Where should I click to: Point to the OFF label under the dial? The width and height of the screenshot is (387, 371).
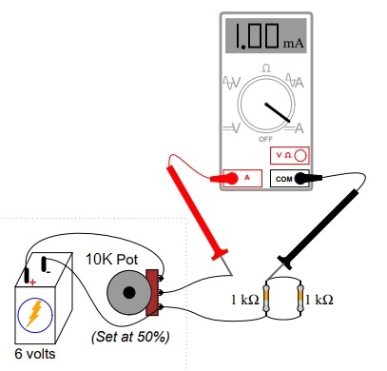pyautogui.click(x=265, y=139)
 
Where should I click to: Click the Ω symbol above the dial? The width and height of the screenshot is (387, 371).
pyautogui.click(x=265, y=68)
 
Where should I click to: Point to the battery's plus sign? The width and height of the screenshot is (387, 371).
pyautogui.click(x=31, y=282)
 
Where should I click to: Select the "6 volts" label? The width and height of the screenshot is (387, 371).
pyautogui.click(x=35, y=354)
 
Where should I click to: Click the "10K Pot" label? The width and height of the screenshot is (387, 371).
pyautogui.click(x=112, y=259)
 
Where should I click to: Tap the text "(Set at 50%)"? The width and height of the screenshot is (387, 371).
pyautogui.click(x=129, y=337)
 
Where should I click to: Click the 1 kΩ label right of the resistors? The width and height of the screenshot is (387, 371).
pyautogui.click(x=330, y=300)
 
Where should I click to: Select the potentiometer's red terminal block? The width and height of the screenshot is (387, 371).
pyautogui.click(x=152, y=294)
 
